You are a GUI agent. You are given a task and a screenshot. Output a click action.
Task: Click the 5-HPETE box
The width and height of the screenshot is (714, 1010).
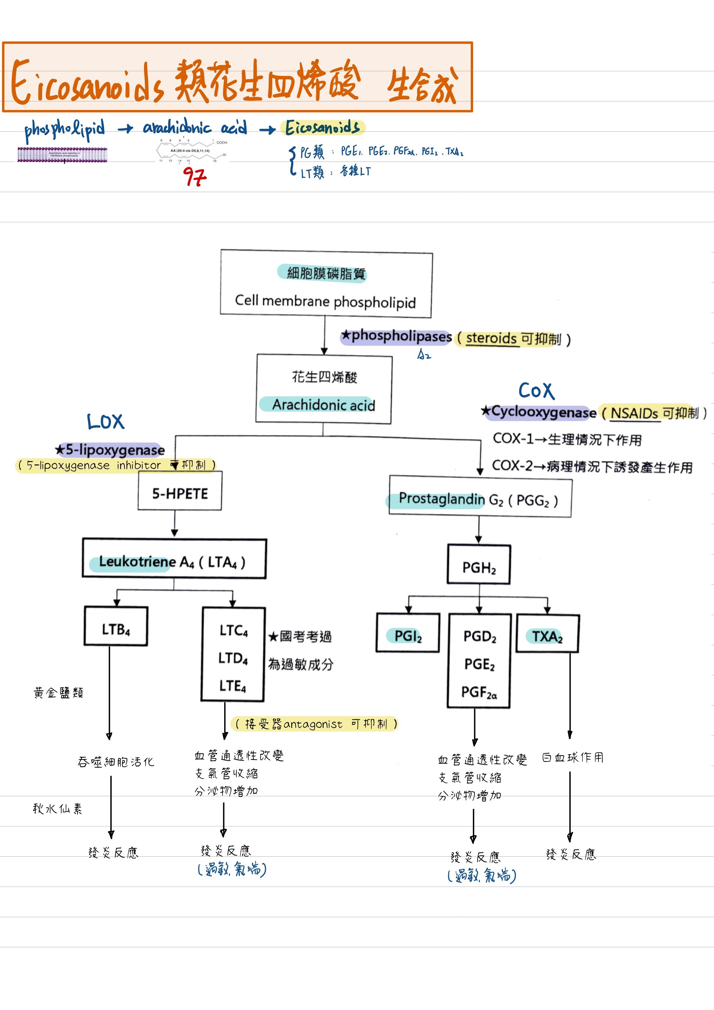(x=180, y=493)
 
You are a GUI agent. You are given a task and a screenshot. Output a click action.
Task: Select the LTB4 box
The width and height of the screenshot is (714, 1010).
(x=116, y=629)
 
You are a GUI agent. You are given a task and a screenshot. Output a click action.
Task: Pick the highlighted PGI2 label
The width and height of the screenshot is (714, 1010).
(x=407, y=636)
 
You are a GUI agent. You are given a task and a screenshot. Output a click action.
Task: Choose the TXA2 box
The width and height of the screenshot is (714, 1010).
(x=547, y=636)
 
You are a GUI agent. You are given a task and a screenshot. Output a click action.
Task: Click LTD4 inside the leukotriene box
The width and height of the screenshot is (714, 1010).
(x=233, y=658)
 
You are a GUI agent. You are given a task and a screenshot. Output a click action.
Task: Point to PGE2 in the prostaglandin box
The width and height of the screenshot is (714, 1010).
(x=479, y=664)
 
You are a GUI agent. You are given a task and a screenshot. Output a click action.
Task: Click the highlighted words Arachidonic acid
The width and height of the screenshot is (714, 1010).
(x=323, y=404)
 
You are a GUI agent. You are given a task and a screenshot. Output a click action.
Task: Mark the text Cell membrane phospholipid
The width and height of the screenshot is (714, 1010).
(x=325, y=301)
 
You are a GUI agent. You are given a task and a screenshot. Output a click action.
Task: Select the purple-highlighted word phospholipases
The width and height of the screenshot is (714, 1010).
(x=401, y=336)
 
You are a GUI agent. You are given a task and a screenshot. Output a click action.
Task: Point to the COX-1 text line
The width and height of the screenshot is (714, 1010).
(x=567, y=439)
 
